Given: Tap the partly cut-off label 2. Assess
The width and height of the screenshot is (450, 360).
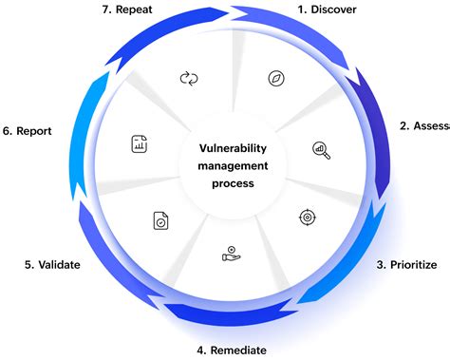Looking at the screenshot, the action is point(423,126).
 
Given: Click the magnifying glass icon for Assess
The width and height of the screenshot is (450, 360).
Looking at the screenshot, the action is point(321,148).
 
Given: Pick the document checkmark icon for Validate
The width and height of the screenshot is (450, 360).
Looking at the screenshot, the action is point(159,220).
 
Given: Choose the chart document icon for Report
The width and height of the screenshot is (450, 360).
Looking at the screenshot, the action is point(140,144).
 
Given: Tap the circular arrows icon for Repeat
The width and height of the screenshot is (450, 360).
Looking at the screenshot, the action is point(188,78).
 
